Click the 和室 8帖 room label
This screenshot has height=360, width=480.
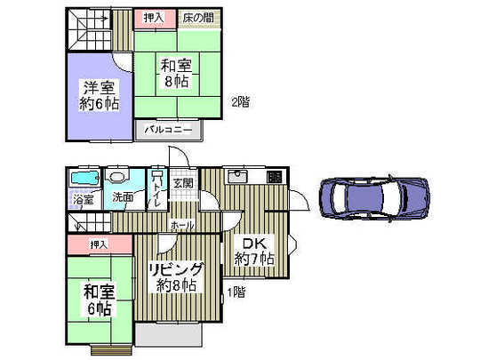(x=174, y=73)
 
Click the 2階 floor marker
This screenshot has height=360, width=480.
(x=240, y=101)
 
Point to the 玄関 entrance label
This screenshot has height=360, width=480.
(x=182, y=183)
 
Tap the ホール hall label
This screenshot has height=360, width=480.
(x=182, y=225)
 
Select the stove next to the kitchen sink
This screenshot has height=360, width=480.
(x=275, y=176)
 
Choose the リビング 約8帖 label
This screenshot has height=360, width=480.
(x=175, y=277)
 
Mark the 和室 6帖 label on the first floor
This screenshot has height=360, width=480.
(x=98, y=300)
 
